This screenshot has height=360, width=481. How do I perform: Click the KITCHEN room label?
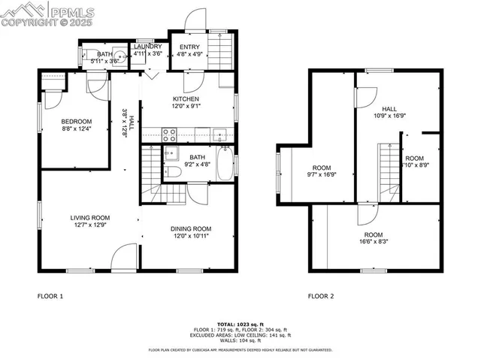(186, 99)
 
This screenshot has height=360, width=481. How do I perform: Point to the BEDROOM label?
(76, 122)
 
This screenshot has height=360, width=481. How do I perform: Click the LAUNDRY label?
(147, 47)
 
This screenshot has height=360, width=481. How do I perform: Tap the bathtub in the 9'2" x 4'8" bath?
(225, 165)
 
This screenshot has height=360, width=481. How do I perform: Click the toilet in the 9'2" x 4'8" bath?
(173, 171)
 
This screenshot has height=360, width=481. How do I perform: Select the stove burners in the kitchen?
(170, 135)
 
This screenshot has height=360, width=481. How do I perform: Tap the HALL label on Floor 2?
(389, 109)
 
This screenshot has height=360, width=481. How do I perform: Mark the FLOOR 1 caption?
(50, 296)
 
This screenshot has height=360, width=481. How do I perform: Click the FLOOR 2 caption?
(320, 296)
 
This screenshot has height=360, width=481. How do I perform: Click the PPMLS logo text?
(73, 11)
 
